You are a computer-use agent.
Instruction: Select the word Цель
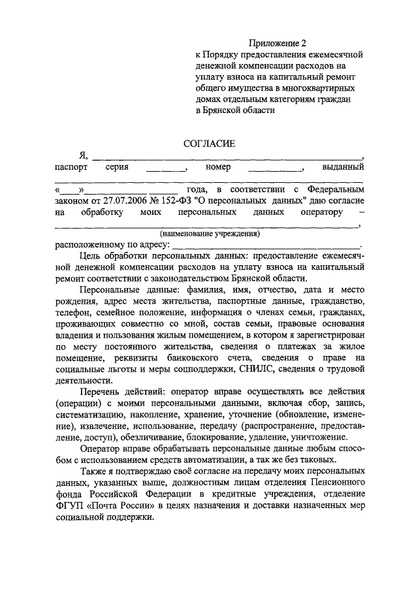coord(88,256)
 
